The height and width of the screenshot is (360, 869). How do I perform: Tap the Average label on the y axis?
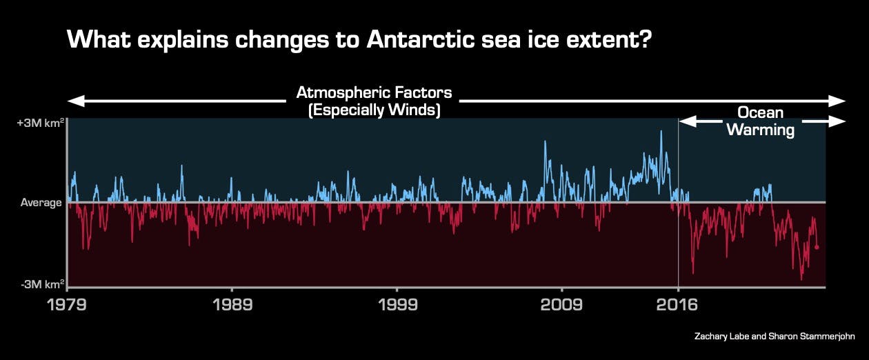point(41,203)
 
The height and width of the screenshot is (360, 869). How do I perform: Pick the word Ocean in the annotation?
point(760,112)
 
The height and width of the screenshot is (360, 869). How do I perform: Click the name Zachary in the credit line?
point(715,337)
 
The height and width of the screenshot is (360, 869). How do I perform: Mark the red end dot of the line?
point(817,247)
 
